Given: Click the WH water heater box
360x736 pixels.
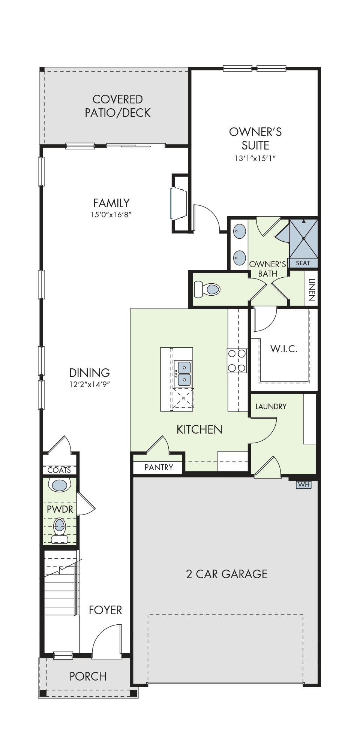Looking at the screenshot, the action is point(303,485).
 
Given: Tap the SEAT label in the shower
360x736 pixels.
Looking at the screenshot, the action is point(303,263).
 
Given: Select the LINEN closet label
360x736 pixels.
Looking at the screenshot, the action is point(311,290).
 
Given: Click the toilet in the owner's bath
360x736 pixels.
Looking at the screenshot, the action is point(207,289).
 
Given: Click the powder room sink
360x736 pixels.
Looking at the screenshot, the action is point(60,485).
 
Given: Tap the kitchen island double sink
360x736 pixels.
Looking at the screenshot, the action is point(183,374).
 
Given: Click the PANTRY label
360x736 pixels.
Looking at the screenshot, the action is point(159,467).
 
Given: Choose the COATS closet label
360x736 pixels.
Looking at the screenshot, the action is point(59,470).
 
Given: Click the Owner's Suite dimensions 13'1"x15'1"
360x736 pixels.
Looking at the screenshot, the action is point(255,158).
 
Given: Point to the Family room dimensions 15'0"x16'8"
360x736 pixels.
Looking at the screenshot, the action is point(111,215).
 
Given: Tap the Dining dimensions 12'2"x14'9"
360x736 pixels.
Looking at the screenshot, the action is point(90,384).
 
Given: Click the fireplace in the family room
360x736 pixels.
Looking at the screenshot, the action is point(180,203).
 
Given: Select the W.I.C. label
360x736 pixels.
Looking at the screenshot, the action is point(284,349).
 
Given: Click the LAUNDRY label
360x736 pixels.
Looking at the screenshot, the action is point(271,407).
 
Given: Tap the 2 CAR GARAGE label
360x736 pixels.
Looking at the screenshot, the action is point(227,574).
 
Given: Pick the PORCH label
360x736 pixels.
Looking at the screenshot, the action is point(88,676).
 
